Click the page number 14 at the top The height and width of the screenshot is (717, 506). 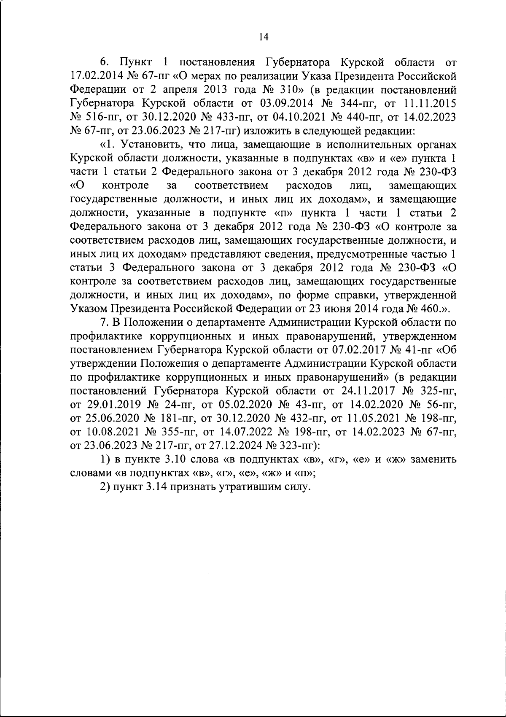pos(263,37)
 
